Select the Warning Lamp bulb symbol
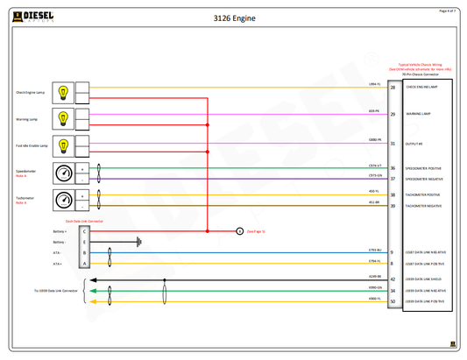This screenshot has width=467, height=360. click(x=63, y=116)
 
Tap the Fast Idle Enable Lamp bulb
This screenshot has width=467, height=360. click(x=63, y=143)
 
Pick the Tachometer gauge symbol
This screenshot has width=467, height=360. click(x=63, y=200)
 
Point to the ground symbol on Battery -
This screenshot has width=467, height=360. click(x=138, y=242)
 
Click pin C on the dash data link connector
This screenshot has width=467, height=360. click(x=84, y=231)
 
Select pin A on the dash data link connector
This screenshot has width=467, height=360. click(x=84, y=263)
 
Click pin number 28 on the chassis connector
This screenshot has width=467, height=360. click(x=392, y=88)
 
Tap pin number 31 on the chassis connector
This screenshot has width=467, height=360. click(x=392, y=143)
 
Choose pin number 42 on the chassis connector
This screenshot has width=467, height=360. click(x=392, y=279)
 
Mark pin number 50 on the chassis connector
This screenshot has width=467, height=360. click(x=392, y=301)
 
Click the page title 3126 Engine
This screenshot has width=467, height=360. click(x=233, y=17)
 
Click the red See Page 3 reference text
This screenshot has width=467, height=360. click(x=256, y=231)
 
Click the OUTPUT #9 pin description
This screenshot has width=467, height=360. click(x=414, y=144)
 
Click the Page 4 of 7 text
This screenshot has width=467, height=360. click(x=447, y=11)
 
